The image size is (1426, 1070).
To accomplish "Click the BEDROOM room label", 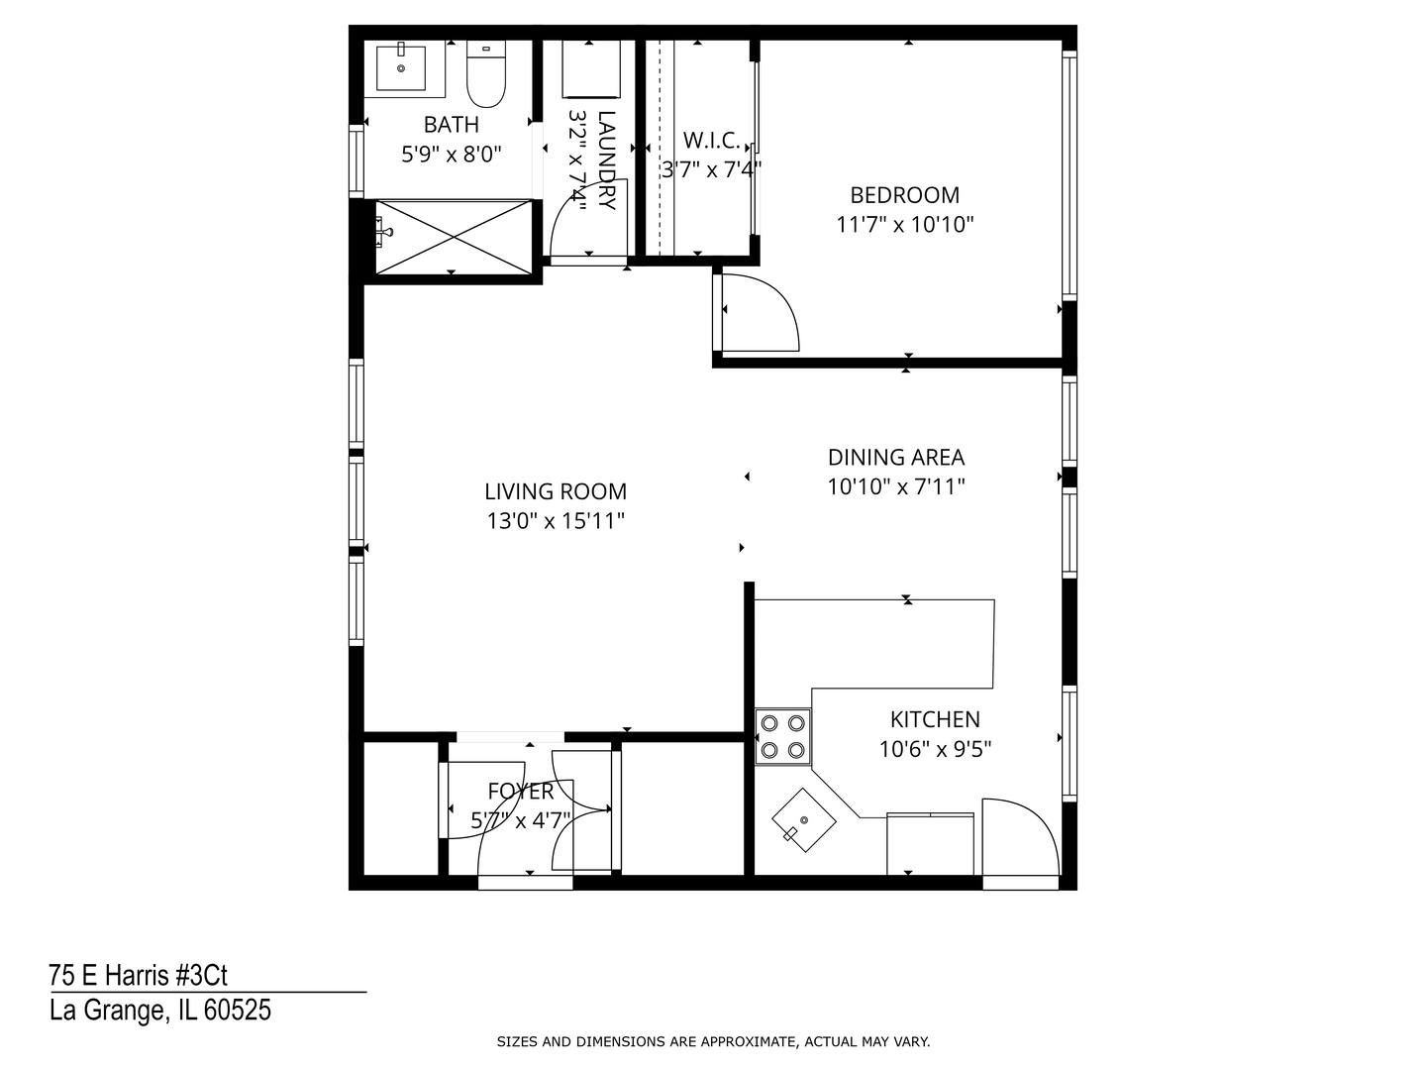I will [904, 195].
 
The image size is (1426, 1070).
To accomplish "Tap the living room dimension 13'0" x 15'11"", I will [556, 521].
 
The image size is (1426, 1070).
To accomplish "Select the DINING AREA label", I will [895, 457].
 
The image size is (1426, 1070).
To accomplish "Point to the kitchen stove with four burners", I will [782, 736].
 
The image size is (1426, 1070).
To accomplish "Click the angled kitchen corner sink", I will [803, 820].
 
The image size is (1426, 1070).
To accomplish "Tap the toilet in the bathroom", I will [485, 75].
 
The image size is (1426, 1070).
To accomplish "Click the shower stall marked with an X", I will [453, 236].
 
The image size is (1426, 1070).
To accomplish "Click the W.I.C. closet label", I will [710, 140].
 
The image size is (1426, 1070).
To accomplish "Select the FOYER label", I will [521, 792].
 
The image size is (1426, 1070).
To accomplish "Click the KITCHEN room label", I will [935, 719].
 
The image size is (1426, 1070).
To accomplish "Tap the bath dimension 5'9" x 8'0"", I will [452, 154].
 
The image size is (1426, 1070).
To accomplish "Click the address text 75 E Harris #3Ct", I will [139, 976].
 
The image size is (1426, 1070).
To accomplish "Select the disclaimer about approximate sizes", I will [713, 1041].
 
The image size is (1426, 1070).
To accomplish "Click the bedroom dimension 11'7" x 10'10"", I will [904, 225].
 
